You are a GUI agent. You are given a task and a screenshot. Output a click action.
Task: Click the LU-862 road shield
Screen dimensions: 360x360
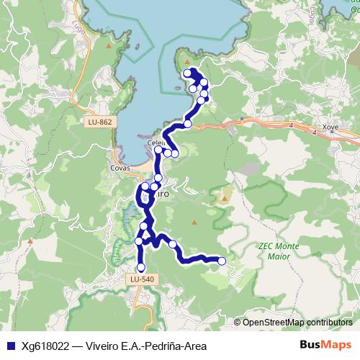pyautogui.click(x=98, y=122)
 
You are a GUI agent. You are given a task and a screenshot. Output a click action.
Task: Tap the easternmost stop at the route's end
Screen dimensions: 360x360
pyautogui.click(x=222, y=261)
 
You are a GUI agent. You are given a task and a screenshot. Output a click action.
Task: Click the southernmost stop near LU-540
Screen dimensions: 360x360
pyautogui.click(x=140, y=268)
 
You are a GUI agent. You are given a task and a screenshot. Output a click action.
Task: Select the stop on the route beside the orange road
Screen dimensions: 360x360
pyautogui.click(x=188, y=124)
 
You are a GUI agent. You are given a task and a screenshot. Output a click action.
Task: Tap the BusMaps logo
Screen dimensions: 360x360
pyautogui.click(x=325, y=344)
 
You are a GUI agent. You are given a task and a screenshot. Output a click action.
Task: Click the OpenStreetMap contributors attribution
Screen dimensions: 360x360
pyautogui.click(x=297, y=322)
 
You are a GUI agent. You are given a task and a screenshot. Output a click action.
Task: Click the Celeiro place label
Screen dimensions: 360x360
pyautogui.click(x=156, y=143)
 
